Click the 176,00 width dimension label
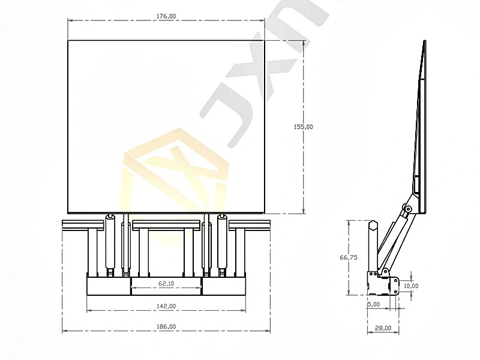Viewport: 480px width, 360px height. coord(166,16)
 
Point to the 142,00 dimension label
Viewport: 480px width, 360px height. coord(166,306)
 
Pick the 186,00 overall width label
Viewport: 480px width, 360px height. coord(166,326)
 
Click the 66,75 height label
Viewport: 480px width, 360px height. coord(349,257)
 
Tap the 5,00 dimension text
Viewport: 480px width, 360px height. coord(373,304)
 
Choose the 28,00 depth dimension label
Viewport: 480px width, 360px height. coord(383,328)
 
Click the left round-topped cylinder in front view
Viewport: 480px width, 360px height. coord(110,243)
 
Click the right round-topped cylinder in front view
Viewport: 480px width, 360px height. coord(223,243)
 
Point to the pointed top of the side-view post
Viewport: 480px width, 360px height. coord(372,224)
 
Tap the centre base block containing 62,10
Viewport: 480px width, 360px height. coord(166,287)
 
